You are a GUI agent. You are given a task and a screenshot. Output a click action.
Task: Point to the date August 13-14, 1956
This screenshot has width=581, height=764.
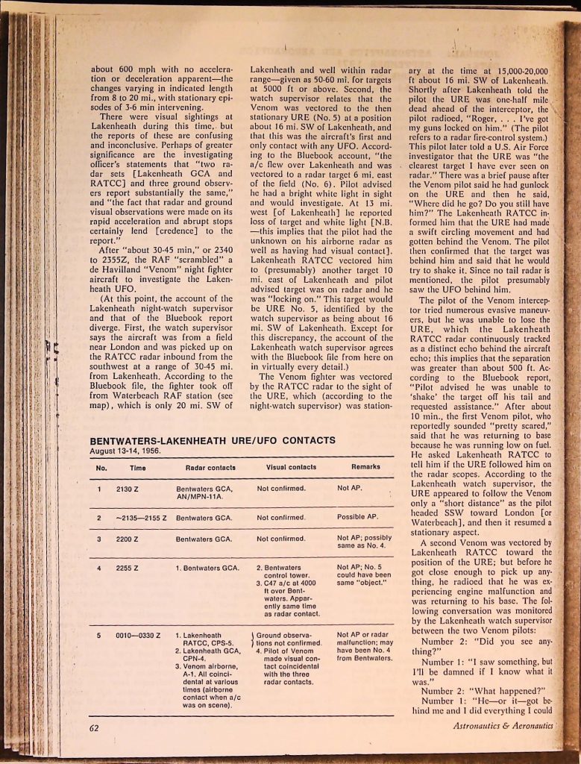point(125,451)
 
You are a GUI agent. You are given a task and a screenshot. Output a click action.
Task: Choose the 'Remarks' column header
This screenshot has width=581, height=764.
point(365,467)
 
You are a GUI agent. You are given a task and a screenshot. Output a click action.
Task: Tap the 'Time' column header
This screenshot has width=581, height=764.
point(137,467)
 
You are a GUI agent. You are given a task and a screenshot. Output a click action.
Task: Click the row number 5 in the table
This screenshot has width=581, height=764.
point(98,635)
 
